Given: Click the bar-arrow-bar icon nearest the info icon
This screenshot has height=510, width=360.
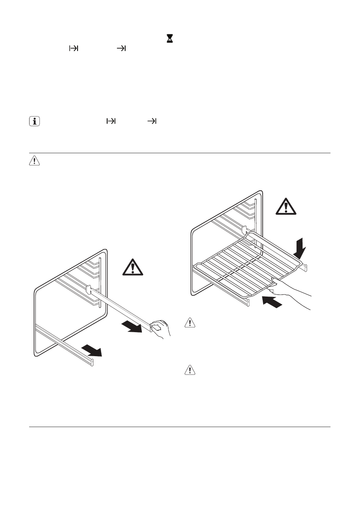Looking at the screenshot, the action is [x=111, y=122].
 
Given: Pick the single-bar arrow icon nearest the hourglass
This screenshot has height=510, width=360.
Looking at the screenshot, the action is [x=121, y=49].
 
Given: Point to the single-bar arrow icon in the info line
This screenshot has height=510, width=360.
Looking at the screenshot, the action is [x=152, y=122].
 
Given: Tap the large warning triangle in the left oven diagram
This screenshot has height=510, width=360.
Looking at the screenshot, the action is [x=134, y=268].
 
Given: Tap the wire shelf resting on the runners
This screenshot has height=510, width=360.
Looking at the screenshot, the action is [x=244, y=265].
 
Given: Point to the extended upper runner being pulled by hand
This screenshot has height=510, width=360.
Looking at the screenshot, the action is [x=120, y=307].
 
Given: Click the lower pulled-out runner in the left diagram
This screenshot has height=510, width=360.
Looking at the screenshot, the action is [x=64, y=345].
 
